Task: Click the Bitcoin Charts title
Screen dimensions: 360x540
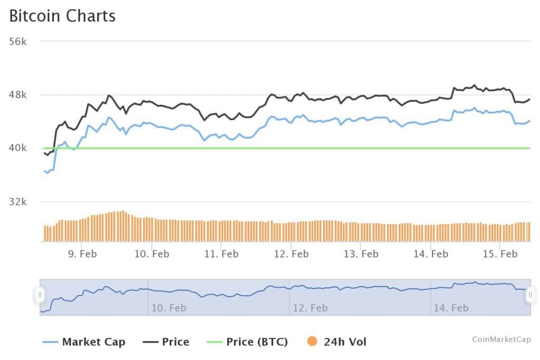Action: tap(62, 16)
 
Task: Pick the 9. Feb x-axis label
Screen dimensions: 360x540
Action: tap(82, 254)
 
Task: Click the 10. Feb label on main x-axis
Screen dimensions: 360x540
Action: tap(152, 254)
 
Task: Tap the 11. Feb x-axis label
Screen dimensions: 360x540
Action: tap(221, 254)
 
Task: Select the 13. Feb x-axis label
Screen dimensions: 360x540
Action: tap(361, 254)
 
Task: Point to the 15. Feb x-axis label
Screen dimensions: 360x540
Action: tap(500, 254)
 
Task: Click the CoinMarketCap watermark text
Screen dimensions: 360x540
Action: tap(502, 339)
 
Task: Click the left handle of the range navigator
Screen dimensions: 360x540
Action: tap(40, 295)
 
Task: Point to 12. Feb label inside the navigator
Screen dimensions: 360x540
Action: tap(310, 308)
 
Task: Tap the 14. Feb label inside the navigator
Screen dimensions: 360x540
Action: tap(451, 308)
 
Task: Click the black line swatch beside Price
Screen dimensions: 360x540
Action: tap(150, 342)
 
